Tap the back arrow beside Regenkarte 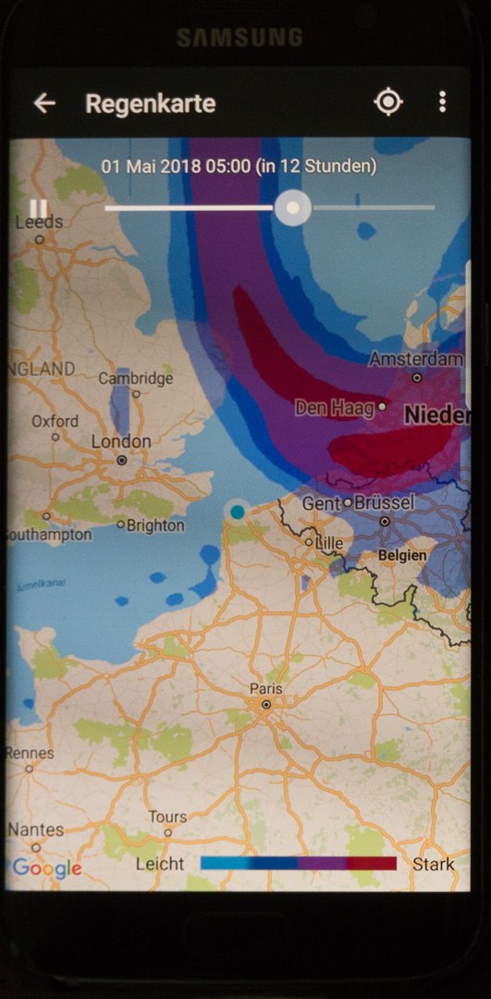[x=44, y=103]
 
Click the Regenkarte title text [x=150, y=104]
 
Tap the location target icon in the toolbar [x=388, y=102]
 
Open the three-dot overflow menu [x=443, y=102]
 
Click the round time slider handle [x=293, y=207]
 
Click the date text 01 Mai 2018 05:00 [x=176, y=166]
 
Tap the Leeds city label [x=40, y=222]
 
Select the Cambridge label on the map [x=135, y=378]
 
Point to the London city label [x=120, y=442]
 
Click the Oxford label [x=55, y=421]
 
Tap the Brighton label [x=156, y=525]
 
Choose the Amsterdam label [x=416, y=359]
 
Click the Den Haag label [x=335, y=407]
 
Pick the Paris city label [x=265, y=689]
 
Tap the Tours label [x=167, y=817]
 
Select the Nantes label [x=35, y=830]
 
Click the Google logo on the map [x=47, y=868]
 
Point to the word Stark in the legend [x=434, y=864]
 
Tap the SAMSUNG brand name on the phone [x=239, y=37]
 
